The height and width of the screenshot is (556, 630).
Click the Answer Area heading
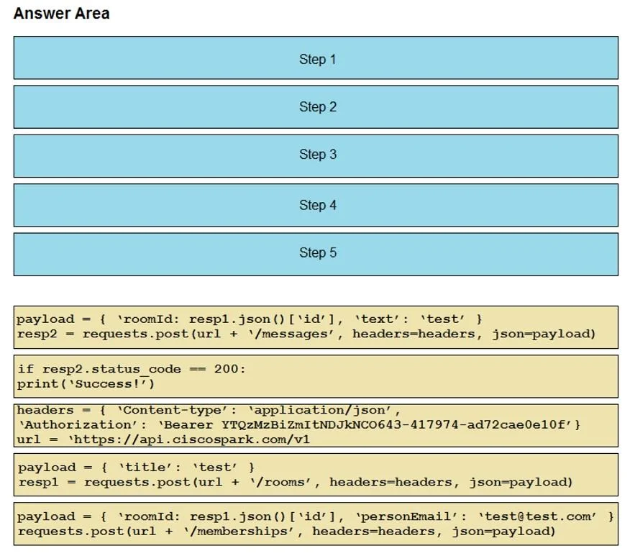pyautogui.click(x=61, y=13)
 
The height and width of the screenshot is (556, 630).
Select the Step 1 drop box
pyautogui.click(x=316, y=58)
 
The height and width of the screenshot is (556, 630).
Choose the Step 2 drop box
pyautogui.click(x=316, y=107)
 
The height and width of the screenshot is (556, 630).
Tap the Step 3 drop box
pyautogui.click(x=316, y=156)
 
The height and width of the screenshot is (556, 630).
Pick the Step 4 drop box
pyautogui.click(x=316, y=205)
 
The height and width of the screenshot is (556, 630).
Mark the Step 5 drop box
pyautogui.click(x=316, y=255)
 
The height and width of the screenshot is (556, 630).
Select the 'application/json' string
pyautogui.click(x=320, y=410)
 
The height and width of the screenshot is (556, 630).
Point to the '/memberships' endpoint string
pyautogui.click(x=241, y=532)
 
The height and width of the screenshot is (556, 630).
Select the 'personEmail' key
pyautogui.click(x=407, y=516)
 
